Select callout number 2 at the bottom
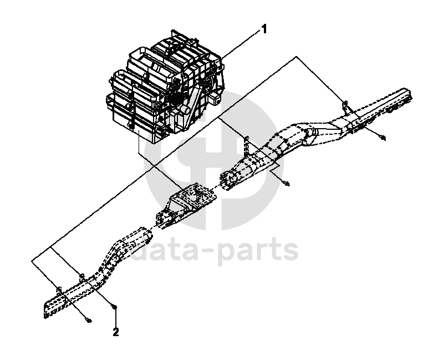click(115, 333)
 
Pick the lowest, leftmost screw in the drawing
click(89, 320)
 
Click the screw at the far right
click(384, 137)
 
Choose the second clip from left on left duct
click(81, 275)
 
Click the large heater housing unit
click(166, 89)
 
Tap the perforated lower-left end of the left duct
click(53, 307)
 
